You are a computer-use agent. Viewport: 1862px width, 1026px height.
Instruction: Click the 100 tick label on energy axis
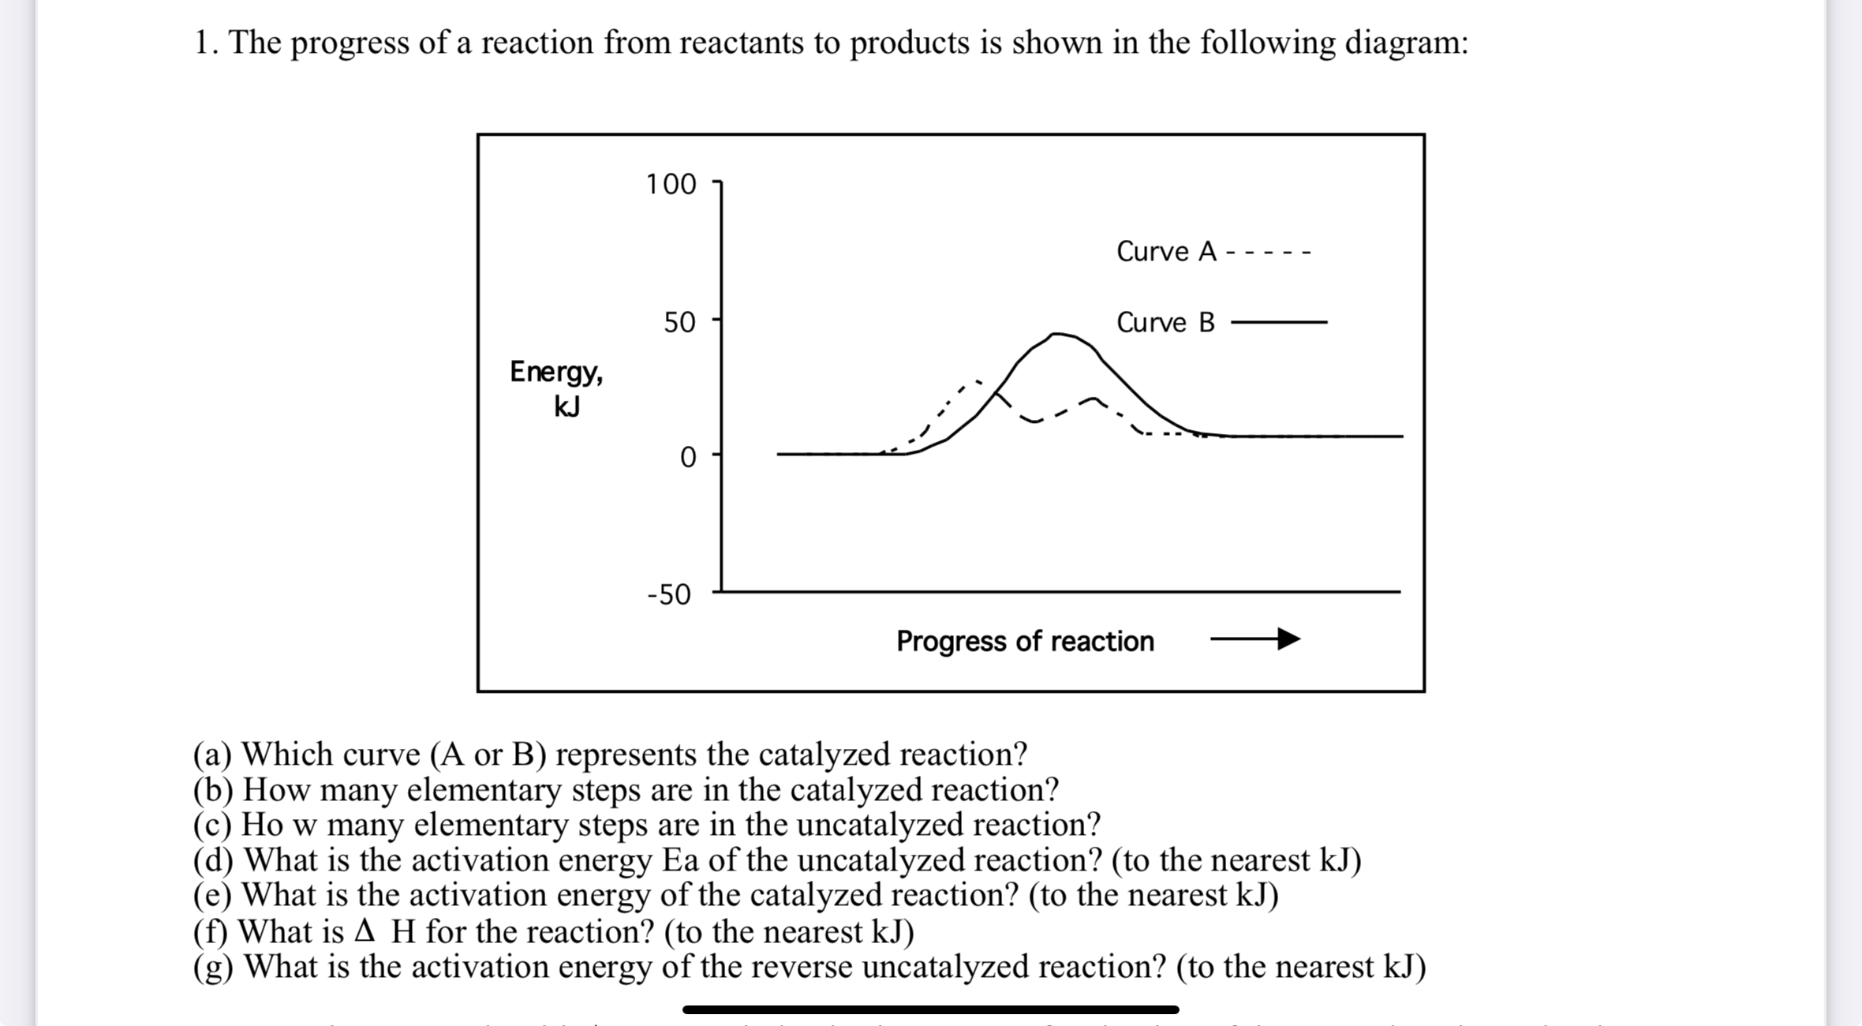[671, 185]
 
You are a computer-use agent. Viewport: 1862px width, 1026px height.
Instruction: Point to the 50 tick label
[679, 323]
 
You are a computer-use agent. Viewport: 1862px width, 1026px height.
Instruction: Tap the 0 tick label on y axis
[688, 458]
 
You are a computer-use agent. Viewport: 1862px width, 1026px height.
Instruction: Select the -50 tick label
[668, 594]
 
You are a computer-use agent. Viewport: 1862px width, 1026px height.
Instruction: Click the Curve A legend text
[1166, 252]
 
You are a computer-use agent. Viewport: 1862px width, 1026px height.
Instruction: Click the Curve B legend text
[1165, 323]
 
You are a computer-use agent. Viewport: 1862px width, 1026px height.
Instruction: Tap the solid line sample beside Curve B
[1279, 322]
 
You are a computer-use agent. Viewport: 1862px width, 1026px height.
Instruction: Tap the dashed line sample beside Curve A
[1269, 253]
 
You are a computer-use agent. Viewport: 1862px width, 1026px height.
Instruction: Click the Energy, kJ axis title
[558, 388]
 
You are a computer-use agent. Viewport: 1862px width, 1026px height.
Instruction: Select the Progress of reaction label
[1025, 641]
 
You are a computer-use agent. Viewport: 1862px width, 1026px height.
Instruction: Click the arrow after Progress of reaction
[1255, 638]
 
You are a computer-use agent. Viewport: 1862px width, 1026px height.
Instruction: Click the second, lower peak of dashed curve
[1093, 399]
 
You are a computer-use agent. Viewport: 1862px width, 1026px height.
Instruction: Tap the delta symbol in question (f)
[364, 931]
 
